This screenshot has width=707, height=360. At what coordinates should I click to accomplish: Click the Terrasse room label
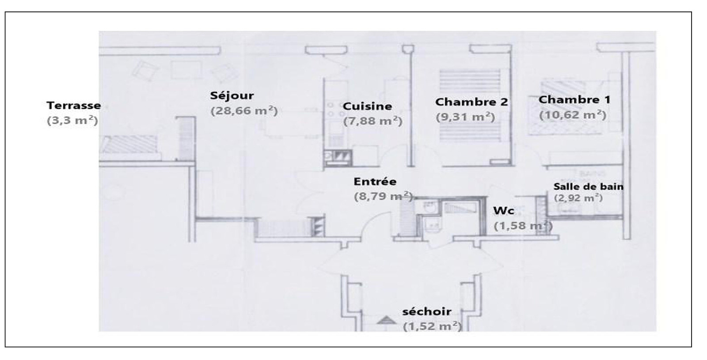[73, 106]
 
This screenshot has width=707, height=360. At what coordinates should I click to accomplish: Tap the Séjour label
[232, 95]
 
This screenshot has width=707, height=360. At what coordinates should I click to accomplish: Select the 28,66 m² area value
[244, 111]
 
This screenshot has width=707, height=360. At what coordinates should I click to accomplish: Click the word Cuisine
[367, 106]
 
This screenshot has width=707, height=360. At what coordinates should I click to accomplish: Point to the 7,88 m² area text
[373, 121]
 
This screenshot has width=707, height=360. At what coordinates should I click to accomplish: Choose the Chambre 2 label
[471, 102]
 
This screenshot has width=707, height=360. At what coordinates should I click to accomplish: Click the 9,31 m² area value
[465, 117]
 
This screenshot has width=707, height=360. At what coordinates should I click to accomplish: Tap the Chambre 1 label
[574, 100]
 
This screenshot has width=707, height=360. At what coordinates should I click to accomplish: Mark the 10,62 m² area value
[573, 115]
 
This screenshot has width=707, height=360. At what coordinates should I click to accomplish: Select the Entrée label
[375, 182]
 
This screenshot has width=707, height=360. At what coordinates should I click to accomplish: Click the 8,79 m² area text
[383, 196]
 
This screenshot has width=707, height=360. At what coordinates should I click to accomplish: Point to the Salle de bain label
[589, 186]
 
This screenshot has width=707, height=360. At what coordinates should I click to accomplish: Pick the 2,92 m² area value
[578, 198]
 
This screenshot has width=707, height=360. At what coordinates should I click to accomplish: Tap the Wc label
[504, 211]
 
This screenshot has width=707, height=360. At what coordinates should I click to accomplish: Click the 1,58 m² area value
[523, 226]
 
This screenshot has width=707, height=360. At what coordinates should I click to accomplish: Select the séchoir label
[427, 312]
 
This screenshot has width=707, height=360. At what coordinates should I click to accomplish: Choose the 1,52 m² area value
[433, 326]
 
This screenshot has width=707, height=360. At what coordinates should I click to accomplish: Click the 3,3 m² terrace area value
[72, 121]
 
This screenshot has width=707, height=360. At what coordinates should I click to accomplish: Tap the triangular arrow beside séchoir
[386, 320]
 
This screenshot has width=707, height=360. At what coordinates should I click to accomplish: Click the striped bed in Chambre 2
[470, 106]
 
